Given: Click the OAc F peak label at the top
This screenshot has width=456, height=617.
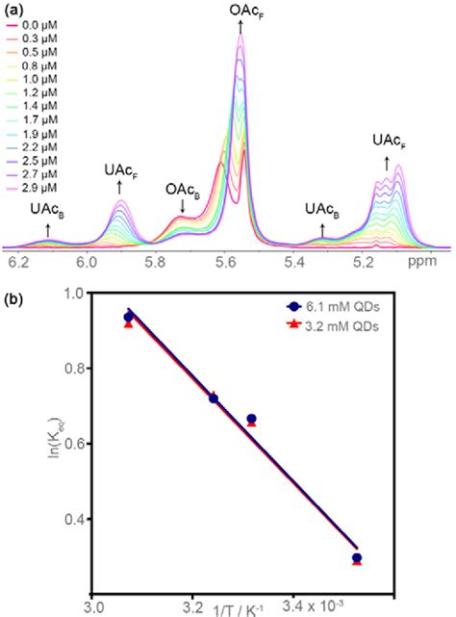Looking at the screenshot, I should (241, 11).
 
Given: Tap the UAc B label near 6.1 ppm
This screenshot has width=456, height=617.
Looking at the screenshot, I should (48, 207).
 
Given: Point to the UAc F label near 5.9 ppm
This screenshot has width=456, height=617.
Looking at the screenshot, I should (120, 170).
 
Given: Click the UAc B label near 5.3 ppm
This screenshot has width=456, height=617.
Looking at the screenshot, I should (323, 207).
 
